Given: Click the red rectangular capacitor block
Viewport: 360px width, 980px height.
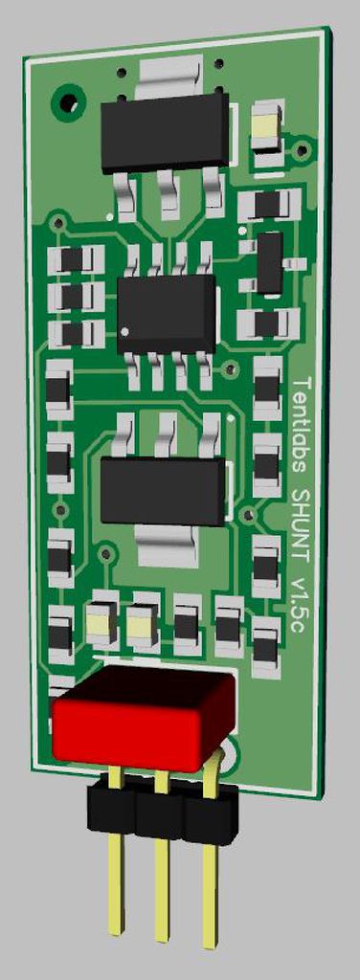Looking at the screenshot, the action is [143, 717].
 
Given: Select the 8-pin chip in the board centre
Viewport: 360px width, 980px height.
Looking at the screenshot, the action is [167, 313].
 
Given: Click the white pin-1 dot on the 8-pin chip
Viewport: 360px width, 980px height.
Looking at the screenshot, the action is [125, 330].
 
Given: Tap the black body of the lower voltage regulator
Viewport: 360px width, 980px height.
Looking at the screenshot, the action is [165, 489].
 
